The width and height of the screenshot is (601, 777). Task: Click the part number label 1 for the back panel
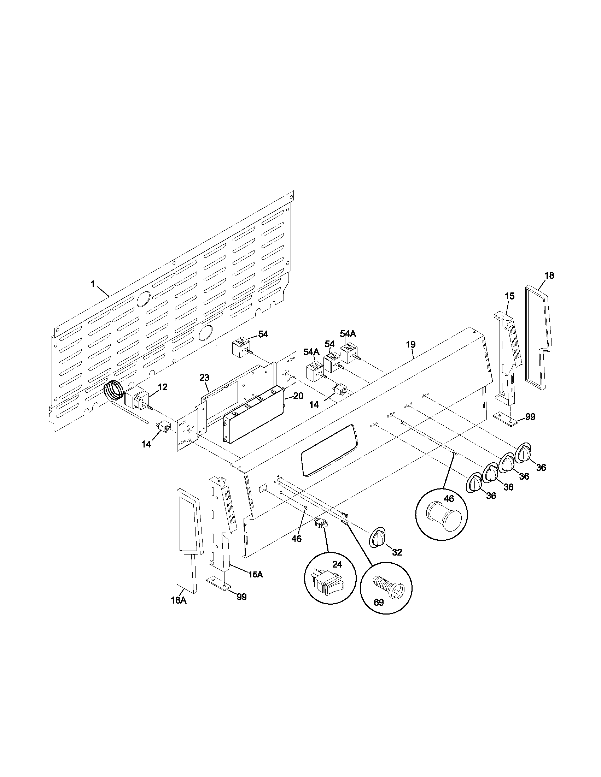(x=93, y=284)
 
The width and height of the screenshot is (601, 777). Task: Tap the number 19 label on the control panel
(x=410, y=344)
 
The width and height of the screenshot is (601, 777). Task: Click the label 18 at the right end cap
(x=549, y=275)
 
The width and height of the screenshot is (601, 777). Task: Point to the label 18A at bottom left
(x=179, y=600)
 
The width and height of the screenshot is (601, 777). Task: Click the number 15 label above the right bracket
(x=509, y=296)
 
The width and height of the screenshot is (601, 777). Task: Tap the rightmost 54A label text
(x=348, y=334)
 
